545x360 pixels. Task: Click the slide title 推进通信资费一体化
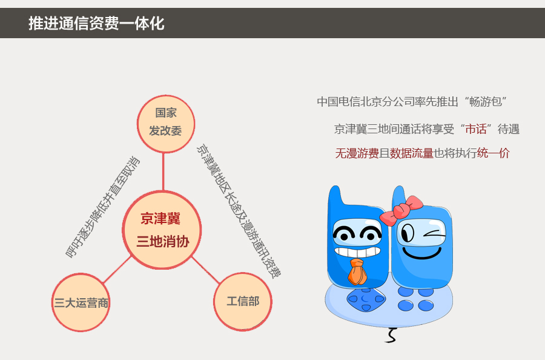click(x=96, y=23)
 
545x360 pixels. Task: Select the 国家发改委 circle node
click(x=166, y=124)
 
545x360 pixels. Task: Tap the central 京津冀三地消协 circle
click(x=162, y=230)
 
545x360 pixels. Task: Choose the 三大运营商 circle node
click(x=81, y=302)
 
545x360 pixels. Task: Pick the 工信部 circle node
click(x=243, y=302)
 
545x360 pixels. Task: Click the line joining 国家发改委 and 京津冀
click(x=163, y=172)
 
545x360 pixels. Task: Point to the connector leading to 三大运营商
click(x=117, y=269)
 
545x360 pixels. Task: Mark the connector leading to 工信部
click(x=206, y=270)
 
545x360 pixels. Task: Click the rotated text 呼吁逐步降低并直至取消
click(x=102, y=207)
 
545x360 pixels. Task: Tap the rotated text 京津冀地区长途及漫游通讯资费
click(x=239, y=211)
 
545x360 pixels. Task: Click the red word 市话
click(x=476, y=129)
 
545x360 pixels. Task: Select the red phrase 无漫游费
click(x=357, y=153)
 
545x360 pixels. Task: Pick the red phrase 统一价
click(x=493, y=153)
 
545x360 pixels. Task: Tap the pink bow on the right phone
click(x=401, y=210)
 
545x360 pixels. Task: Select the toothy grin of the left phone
click(x=357, y=252)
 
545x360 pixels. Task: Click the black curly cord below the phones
click(x=391, y=335)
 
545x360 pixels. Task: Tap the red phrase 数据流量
click(x=412, y=153)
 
